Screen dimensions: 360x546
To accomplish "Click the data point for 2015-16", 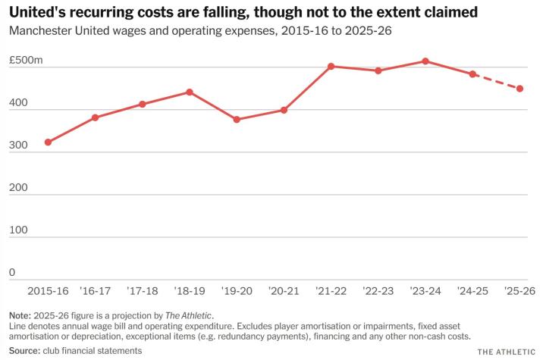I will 48,142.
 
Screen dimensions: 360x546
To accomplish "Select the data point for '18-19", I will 190,92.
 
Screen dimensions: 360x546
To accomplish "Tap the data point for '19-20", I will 237,120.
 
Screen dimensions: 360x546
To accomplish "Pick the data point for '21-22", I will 331,66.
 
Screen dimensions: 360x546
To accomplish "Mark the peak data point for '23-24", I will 425,61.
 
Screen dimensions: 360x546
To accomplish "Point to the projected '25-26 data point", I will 520,89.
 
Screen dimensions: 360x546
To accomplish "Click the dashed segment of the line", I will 497,82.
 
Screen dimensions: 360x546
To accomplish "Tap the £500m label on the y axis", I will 26,60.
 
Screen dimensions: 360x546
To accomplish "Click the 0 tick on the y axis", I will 12,272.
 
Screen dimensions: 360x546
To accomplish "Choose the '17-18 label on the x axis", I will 142,291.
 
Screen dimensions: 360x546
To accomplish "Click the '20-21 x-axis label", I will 284,291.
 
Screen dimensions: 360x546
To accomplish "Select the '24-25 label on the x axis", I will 472,291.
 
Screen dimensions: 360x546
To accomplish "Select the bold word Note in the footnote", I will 20,315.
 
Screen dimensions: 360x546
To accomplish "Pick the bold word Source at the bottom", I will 25,350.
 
